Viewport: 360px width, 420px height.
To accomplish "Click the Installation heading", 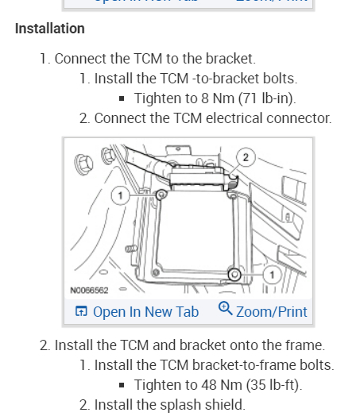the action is click(x=50, y=29).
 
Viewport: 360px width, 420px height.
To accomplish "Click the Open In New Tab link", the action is click(x=145, y=312).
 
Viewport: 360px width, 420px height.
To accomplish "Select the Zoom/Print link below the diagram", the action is click(x=272, y=312).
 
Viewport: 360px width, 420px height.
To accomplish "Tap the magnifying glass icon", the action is click(x=225, y=308).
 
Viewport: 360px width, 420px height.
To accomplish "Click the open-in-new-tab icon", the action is click(x=81, y=311).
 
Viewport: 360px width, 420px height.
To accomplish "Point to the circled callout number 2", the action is click(x=246, y=157).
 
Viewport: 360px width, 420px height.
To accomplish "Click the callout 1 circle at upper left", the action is click(x=121, y=195).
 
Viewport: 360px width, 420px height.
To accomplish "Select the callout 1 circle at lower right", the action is click(x=273, y=275).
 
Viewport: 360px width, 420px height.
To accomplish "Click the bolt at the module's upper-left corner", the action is click(x=161, y=195).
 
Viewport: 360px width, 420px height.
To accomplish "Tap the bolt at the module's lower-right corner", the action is click(x=234, y=274).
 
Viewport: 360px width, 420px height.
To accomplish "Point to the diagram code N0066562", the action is click(x=89, y=291).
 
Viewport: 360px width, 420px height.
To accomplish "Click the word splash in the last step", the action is click(x=182, y=405).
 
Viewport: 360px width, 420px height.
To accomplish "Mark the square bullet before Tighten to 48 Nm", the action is click(x=122, y=385).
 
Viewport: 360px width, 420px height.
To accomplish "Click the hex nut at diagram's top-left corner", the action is click(x=83, y=163).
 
